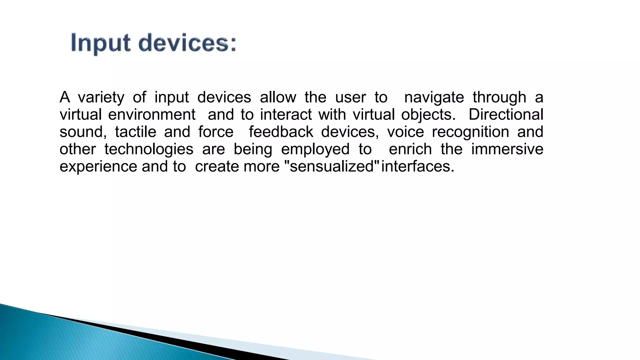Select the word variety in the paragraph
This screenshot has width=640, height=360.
[x=101, y=97]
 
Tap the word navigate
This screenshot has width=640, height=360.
[x=434, y=97]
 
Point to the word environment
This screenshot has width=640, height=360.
[x=152, y=115]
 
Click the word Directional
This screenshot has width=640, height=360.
[x=506, y=115]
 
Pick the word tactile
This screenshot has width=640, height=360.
[x=135, y=132]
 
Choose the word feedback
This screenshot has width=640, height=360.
[x=281, y=132]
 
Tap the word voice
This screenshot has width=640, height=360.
[x=405, y=132]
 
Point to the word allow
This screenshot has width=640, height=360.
[x=278, y=97]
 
